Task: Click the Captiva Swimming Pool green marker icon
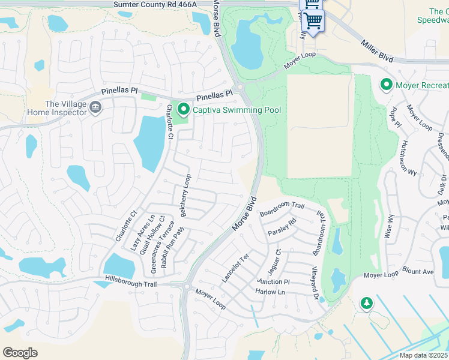(184, 110)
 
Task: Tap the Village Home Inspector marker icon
(95, 107)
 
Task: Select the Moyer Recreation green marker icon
(387, 85)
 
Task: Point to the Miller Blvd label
(376, 50)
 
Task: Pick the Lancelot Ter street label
(235, 268)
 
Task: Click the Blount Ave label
(418, 272)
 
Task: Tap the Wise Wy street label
(391, 227)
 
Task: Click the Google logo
(20, 353)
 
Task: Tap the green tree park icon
(366, 304)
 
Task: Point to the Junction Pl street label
(273, 281)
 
